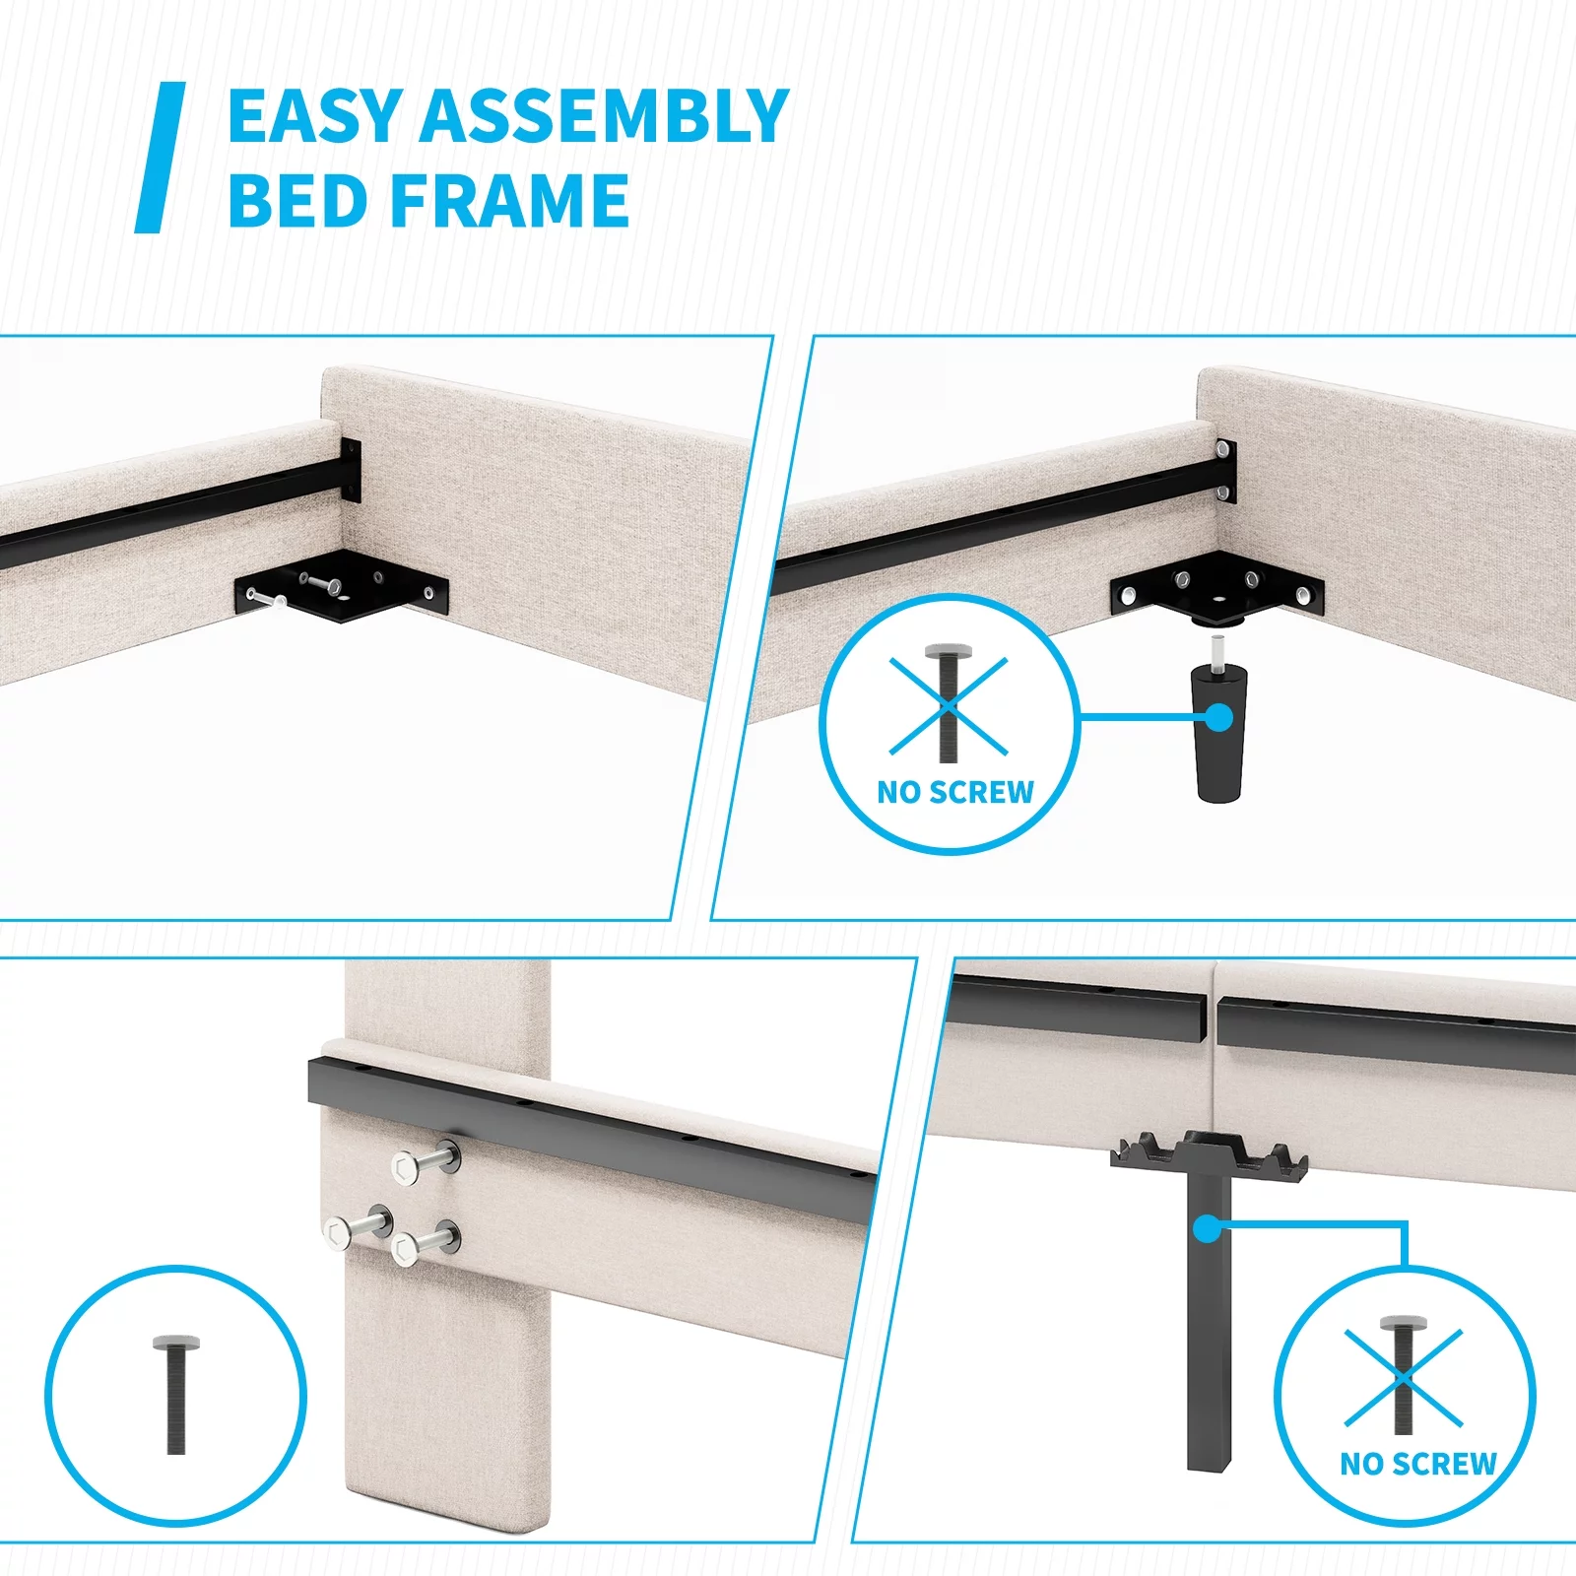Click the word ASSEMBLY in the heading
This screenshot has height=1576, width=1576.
pyautogui.click(x=604, y=116)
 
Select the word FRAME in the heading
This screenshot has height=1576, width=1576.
pyautogui.click(x=511, y=200)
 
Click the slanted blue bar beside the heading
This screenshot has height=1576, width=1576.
pyautogui.click(x=160, y=158)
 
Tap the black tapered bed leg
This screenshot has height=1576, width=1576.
pyautogui.click(x=1219, y=733)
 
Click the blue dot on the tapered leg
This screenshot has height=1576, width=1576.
pyautogui.click(x=1218, y=717)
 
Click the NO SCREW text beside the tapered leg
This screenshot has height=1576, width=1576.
pyautogui.click(x=955, y=792)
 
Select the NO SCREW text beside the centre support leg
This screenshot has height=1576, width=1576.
pyautogui.click(x=1418, y=1464)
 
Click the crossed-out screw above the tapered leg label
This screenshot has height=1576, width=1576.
pyautogui.click(x=949, y=703)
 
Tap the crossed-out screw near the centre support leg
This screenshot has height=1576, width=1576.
pyautogui.click(x=1403, y=1375)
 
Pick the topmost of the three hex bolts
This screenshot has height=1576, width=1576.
pyautogui.click(x=427, y=1163)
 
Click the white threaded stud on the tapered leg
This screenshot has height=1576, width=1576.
pyautogui.click(x=1218, y=651)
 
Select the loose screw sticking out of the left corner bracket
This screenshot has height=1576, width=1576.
pyautogui.click(x=266, y=598)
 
